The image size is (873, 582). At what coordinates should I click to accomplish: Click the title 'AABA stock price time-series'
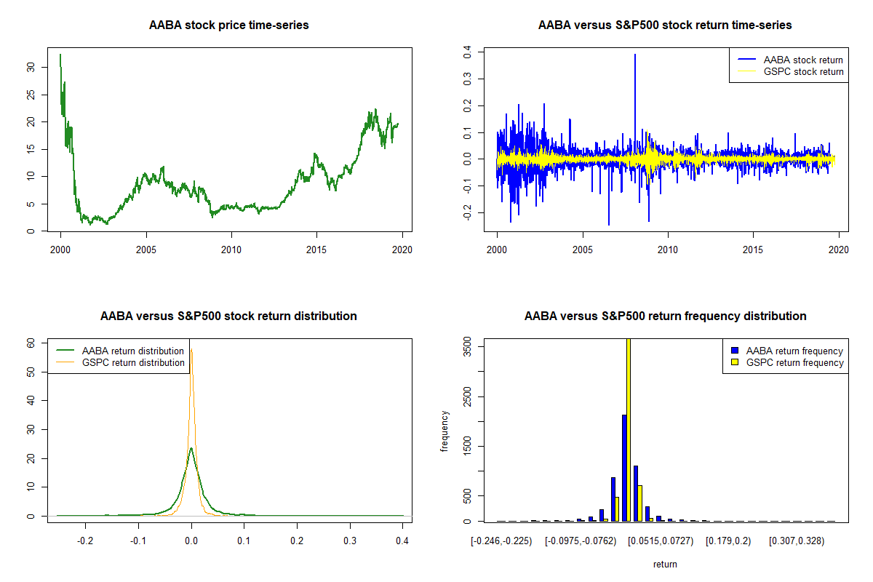pos(228,25)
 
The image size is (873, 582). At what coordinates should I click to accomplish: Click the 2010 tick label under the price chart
pos(231,250)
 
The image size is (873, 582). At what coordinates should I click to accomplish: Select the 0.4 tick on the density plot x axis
pos(402,541)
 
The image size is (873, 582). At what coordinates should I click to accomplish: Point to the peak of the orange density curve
pos(191,351)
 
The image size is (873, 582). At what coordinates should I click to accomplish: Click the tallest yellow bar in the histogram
pos(628,429)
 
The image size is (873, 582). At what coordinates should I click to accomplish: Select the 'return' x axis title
pos(665,564)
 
